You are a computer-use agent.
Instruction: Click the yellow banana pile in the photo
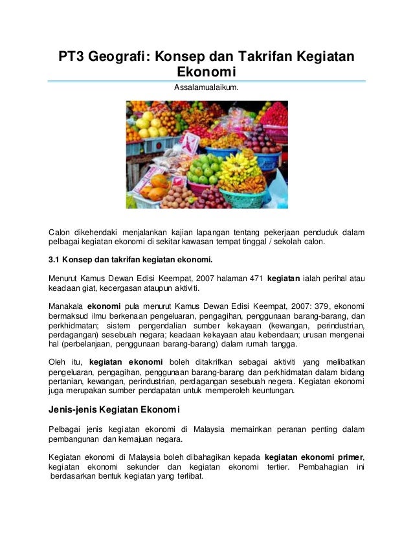[x=239, y=168]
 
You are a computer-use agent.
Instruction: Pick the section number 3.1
[x=55, y=260]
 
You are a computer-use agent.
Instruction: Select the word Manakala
[x=66, y=306]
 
